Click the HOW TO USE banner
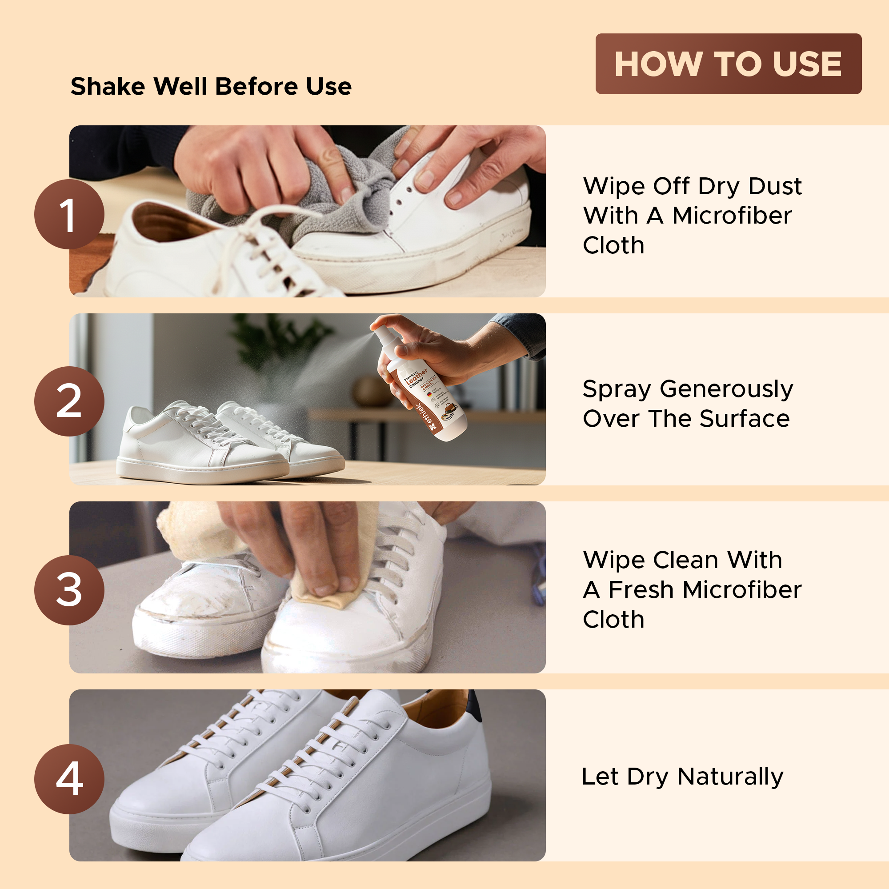click(728, 64)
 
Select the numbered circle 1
click(69, 214)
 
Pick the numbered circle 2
click(69, 401)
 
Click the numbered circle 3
click(69, 590)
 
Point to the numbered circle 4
click(69, 779)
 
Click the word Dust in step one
click(775, 186)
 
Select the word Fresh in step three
click(641, 590)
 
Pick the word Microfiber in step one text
click(732, 216)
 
